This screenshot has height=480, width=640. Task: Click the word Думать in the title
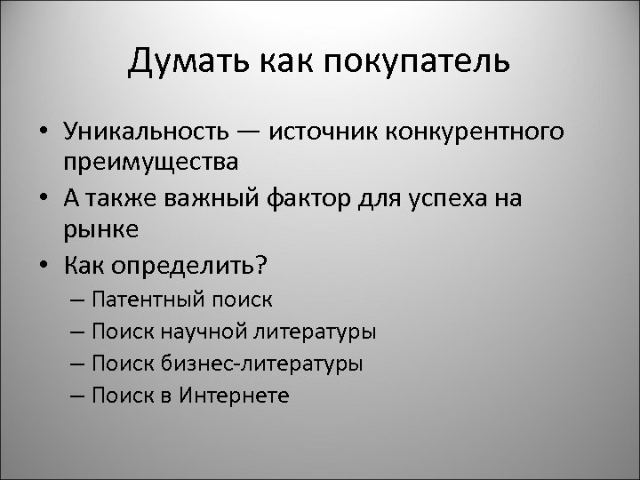coord(180,63)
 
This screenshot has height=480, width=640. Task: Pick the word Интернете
coord(233,395)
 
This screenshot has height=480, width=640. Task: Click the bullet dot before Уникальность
coord(43,132)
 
